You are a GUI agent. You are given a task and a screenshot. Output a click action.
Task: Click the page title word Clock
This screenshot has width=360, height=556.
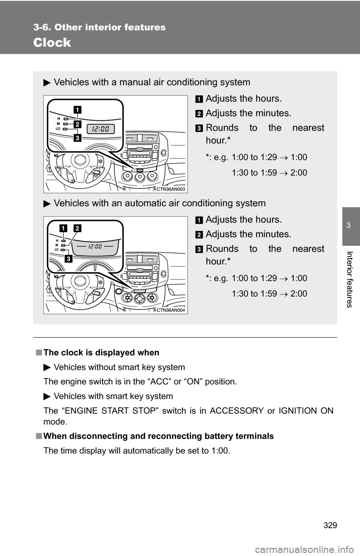(x=52, y=43)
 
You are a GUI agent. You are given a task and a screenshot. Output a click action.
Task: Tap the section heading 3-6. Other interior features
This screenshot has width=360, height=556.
(x=99, y=27)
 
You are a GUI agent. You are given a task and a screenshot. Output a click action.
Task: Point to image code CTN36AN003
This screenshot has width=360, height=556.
(x=171, y=189)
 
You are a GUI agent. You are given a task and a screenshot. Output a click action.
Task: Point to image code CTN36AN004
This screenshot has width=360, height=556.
(x=171, y=310)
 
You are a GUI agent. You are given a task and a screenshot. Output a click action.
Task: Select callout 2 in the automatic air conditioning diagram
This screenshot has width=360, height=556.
(x=78, y=228)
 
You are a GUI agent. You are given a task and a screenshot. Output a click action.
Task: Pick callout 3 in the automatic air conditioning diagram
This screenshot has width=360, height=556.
(x=68, y=259)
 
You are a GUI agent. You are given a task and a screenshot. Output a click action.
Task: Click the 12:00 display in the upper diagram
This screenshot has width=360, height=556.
(x=101, y=129)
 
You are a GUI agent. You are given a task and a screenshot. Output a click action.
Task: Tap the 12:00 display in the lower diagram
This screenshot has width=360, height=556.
(x=95, y=246)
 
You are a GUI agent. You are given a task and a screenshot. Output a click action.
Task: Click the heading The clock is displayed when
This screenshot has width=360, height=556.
(x=101, y=353)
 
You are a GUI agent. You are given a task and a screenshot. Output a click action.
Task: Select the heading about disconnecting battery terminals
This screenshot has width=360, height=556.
(x=158, y=436)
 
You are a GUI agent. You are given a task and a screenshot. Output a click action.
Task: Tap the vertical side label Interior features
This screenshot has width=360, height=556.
(x=349, y=279)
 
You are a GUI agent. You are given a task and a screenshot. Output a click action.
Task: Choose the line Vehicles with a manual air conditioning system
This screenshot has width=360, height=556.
(x=151, y=82)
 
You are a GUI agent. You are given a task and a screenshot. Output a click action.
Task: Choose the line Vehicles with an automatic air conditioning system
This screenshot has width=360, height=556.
(x=159, y=203)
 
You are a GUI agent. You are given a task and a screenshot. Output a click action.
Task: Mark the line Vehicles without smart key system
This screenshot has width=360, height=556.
(x=119, y=367)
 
